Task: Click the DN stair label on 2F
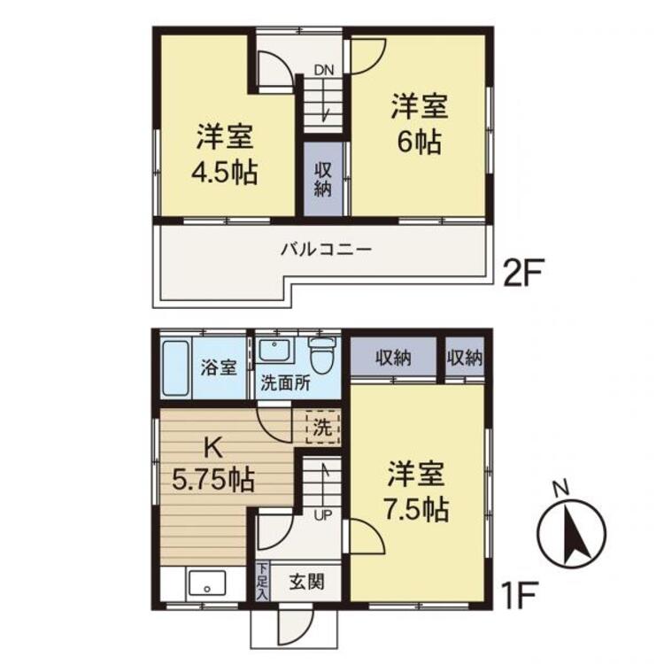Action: [x=323, y=70]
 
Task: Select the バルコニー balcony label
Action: [x=326, y=249]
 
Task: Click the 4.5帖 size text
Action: [x=225, y=172]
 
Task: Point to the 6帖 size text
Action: [x=420, y=142]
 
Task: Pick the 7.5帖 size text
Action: [x=416, y=510]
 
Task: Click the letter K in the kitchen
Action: [x=213, y=448]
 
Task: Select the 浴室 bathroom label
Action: [x=219, y=367]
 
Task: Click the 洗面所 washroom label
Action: [x=285, y=383]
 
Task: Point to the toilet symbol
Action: [x=322, y=355]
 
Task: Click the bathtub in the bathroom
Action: [x=175, y=367]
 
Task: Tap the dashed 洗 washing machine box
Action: [x=322, y=427]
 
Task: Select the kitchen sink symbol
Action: [x=207, y=583]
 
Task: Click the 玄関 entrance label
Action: [x=307, y=583]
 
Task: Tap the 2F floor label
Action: [x=521, y=274]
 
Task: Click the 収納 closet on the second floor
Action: [x=322, y=179]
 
